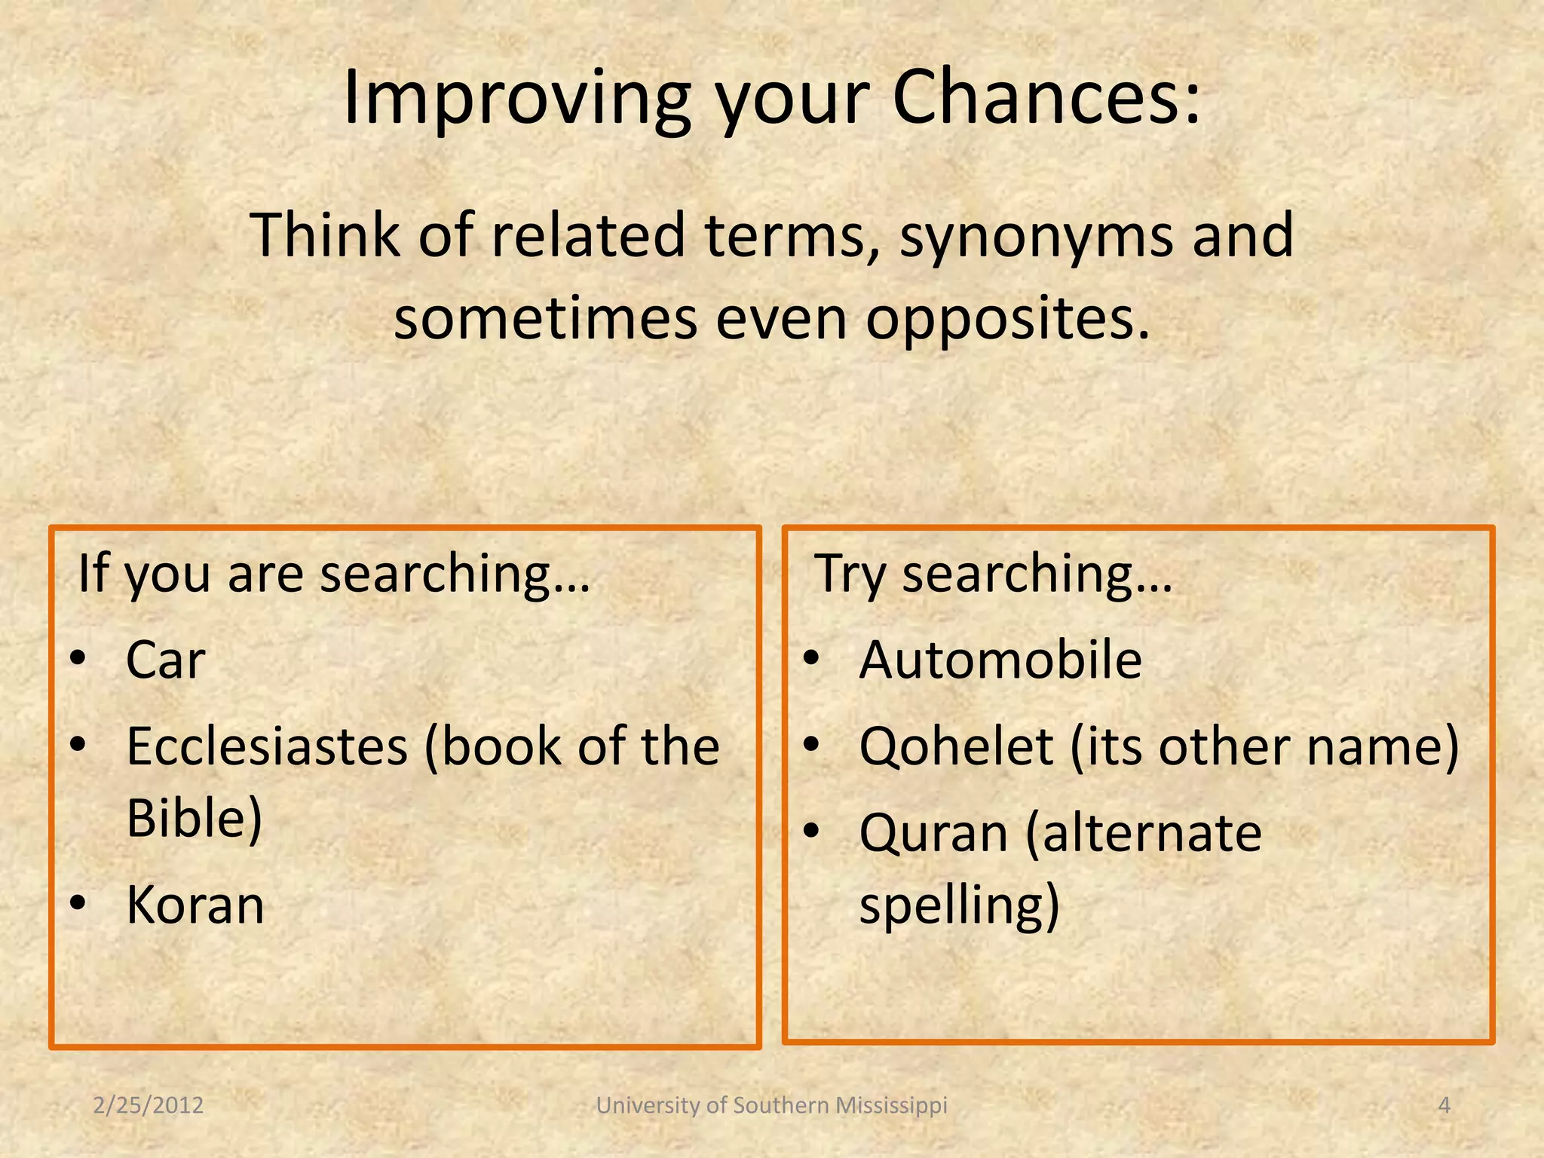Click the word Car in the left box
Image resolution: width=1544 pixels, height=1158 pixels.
click(x=165, y=660)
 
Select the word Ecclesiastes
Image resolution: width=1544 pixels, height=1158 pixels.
click(x=267, y=747)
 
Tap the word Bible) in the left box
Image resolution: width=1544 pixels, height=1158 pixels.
click(x=194, y=818)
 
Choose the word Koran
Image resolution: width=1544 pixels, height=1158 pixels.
click(x=195, y=905)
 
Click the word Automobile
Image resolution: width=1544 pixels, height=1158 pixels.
click(x=1000, y=660)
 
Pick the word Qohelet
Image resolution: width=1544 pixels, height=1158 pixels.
click(x=956, y=747)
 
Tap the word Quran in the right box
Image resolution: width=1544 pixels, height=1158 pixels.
click(x=933, y=834)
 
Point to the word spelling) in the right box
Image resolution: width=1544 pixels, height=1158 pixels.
click(x=959, y=906)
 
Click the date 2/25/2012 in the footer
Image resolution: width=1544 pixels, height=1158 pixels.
click(x=149, y=1105)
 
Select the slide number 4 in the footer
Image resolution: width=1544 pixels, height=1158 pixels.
click(x=1444, y=1105)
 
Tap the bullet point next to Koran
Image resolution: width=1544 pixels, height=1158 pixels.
click(x=78, y=902)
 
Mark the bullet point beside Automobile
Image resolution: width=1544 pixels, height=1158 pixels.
click(x=810, y=658)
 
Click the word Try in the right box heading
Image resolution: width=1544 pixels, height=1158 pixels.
click(x=850, y=574)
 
